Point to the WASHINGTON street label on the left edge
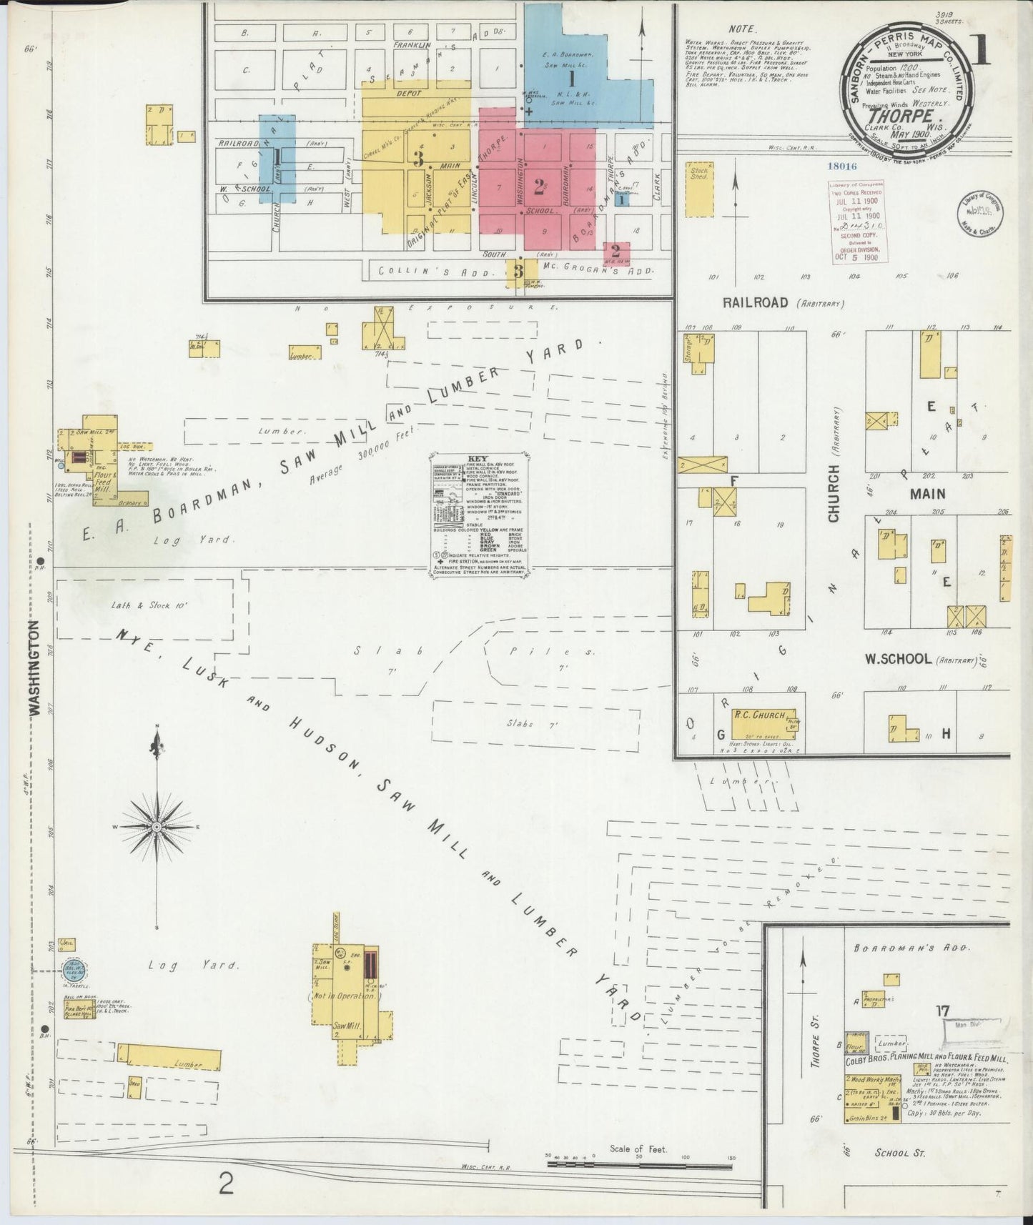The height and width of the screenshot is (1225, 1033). [34, 667]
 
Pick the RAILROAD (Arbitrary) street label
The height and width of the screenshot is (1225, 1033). [783, 303]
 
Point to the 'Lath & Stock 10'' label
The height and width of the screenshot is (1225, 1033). [149, 605]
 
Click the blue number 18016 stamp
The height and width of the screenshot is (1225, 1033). [841, 166]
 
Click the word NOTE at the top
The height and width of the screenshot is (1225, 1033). [741, 29]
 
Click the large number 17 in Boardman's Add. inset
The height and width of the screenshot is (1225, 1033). [941, 1011]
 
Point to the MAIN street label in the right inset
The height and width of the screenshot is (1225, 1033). [927, 493]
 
